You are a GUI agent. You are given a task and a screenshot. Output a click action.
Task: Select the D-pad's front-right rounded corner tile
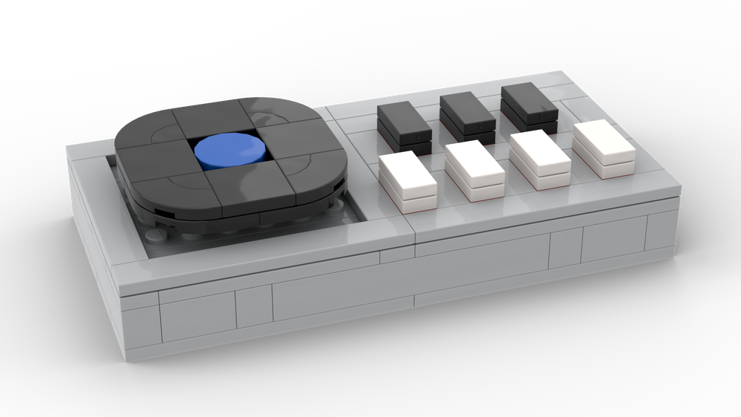click(x=311, y=178)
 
